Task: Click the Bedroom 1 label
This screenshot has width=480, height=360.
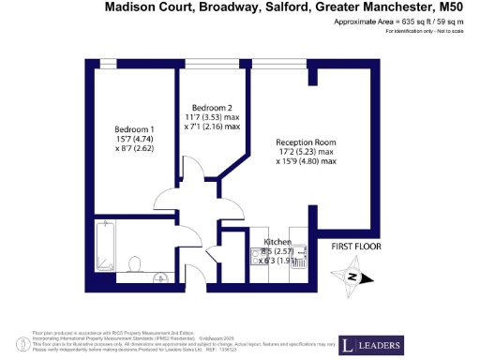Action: coord(134,128)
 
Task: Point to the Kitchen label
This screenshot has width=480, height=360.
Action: coord(265,242)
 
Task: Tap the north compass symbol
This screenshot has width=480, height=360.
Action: coord(354,277)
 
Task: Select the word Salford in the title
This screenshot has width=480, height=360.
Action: coord(278,7)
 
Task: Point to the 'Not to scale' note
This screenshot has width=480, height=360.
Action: coord(446,31)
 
